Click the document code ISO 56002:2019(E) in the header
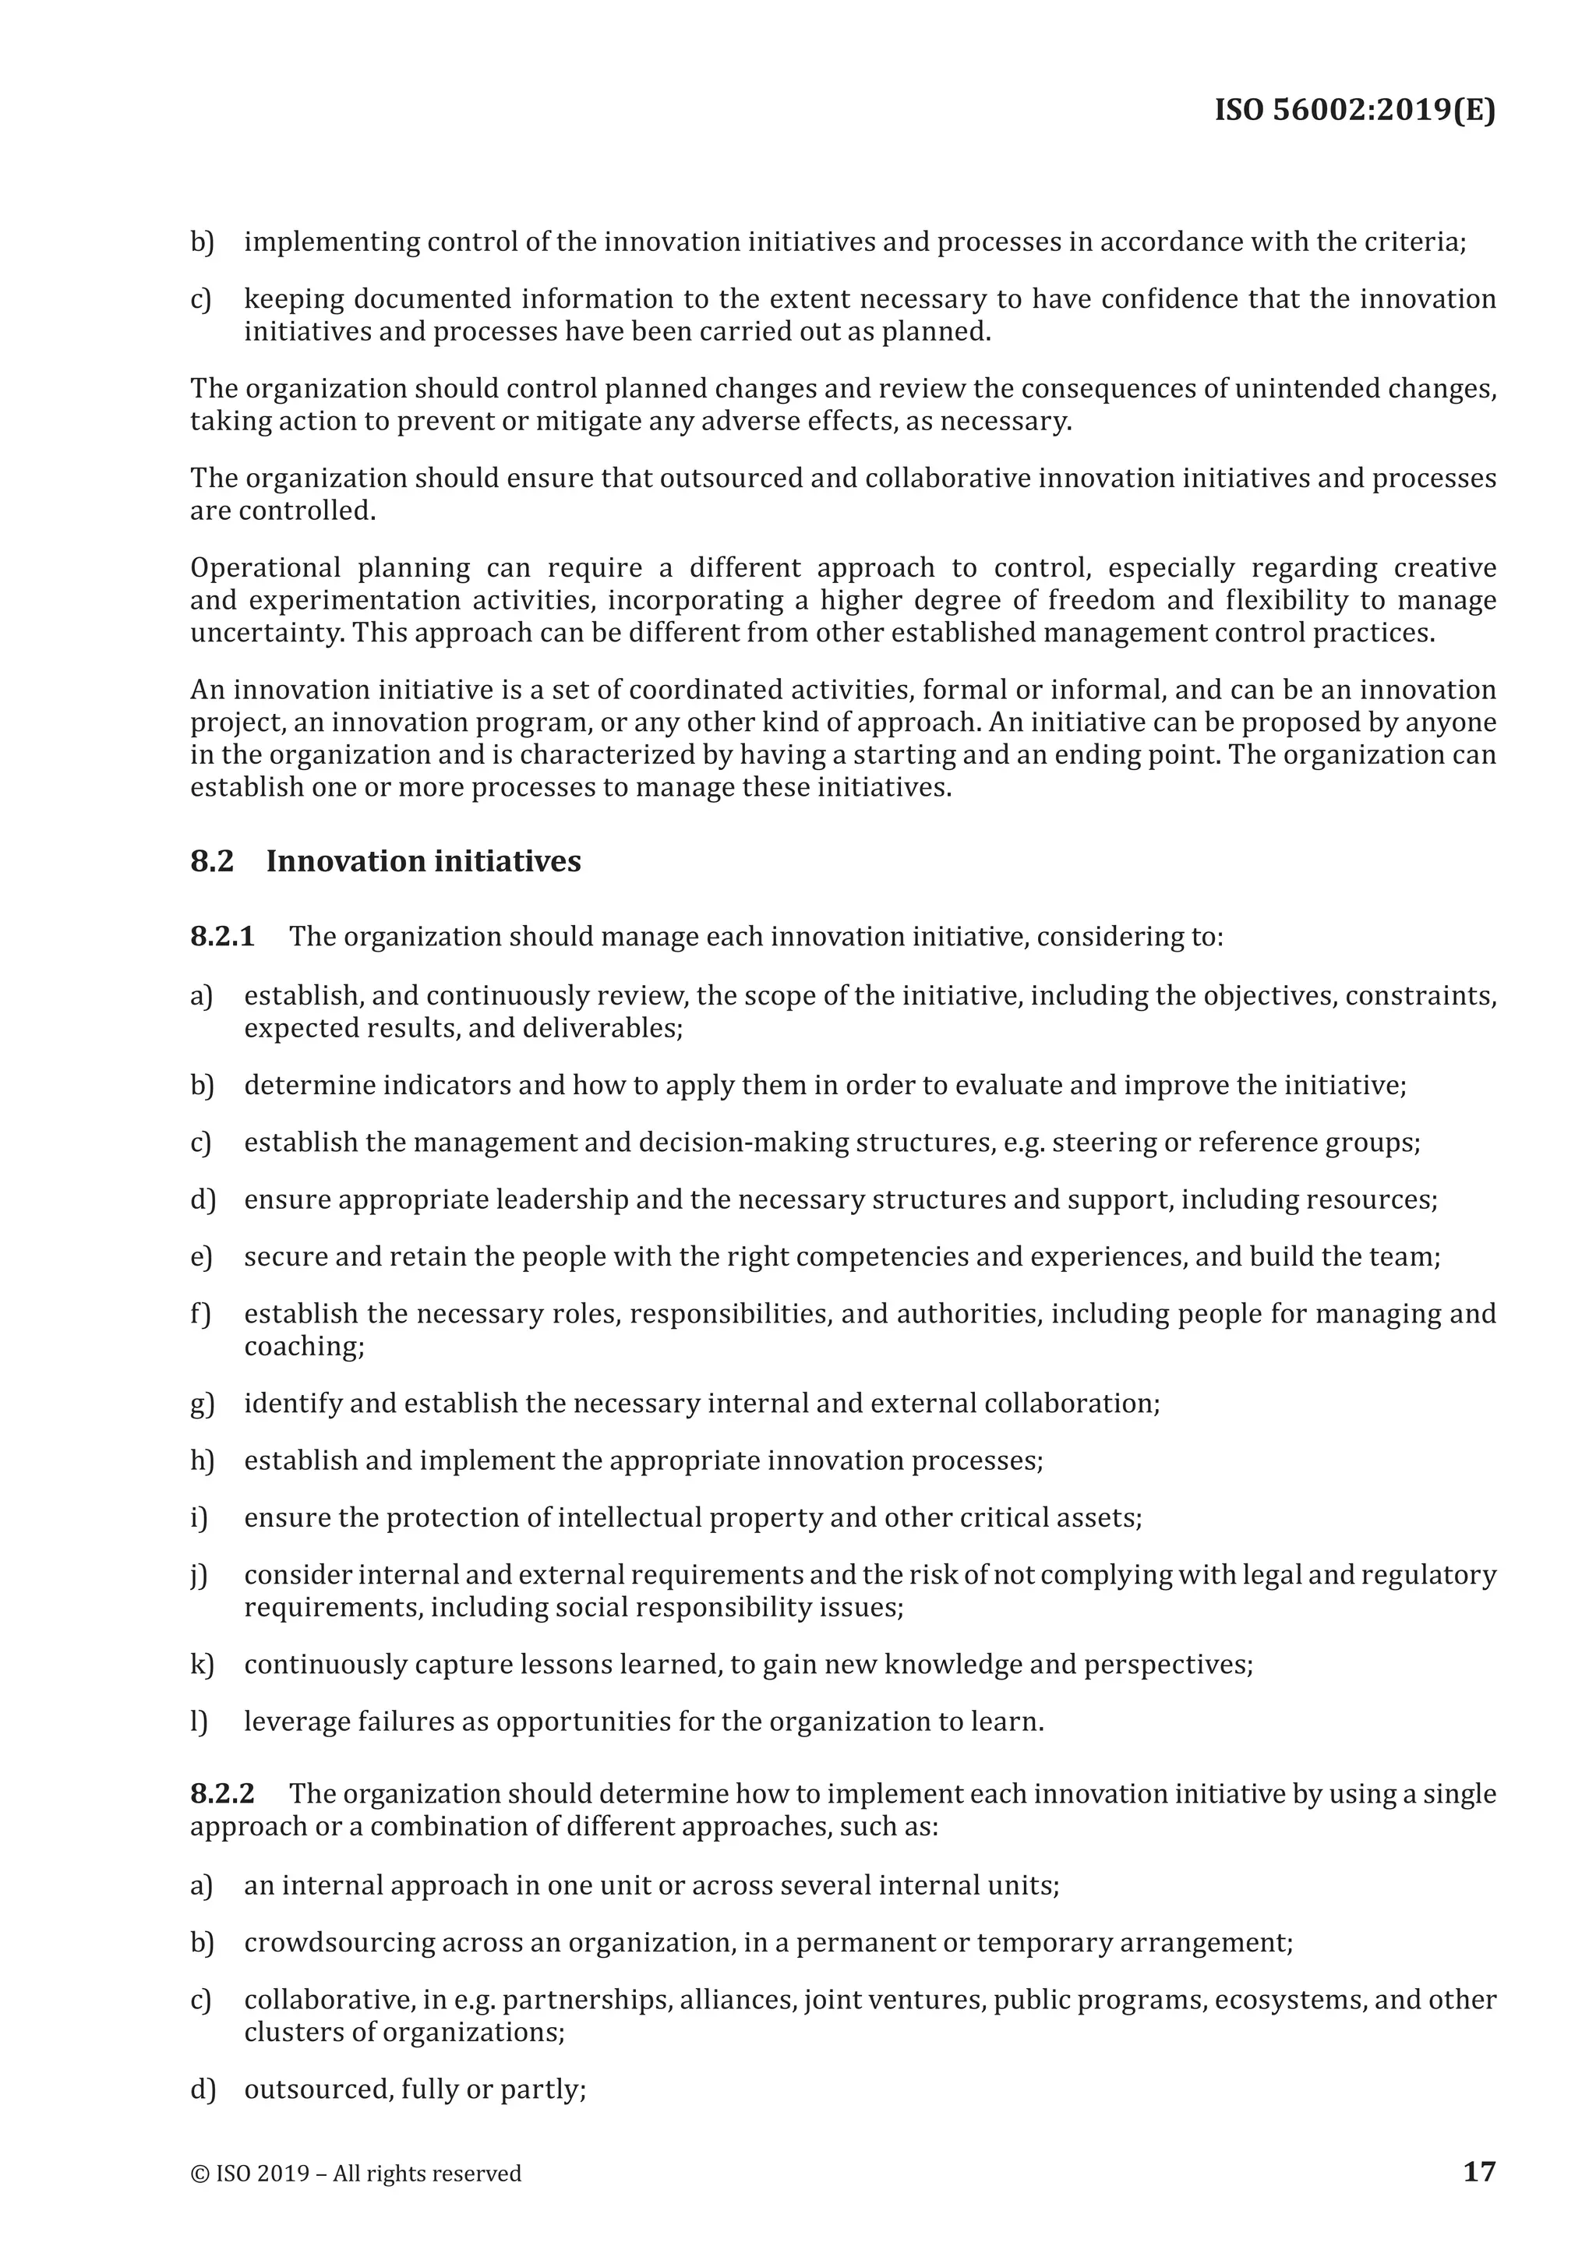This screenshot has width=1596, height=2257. pyautogui.click(x=1354, y=109)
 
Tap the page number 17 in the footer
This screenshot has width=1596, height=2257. pyautogui.click(x=1479, y=2170)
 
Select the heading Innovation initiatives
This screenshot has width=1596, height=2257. pyautogui.click(x=424, y=861)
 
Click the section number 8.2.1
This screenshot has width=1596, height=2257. pyautogui.click(x=222, y=936)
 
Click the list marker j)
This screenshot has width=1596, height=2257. pyautogui.click(x=199, y=1575)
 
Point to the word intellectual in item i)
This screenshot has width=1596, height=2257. pyautogui.click(x=629, y=1517)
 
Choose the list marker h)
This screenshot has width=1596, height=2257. pyautogui.click(x=202, y=1460)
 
